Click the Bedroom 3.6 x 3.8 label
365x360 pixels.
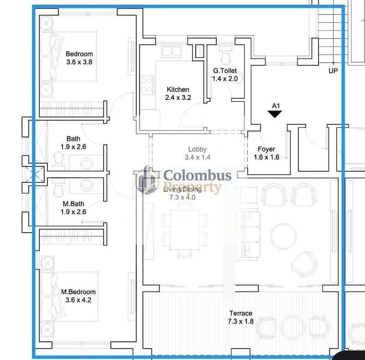coord(79,58)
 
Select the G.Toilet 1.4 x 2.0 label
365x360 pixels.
coord(225,74)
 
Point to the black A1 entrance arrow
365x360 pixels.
coord(275,114)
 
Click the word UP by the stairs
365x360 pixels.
coord(333,71)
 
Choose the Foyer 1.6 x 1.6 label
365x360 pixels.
coord(266,153)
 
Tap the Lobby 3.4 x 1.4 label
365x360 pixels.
coord(198,153)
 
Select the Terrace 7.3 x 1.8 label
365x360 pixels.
coord(241,318)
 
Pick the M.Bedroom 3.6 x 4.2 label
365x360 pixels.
coord(78,296)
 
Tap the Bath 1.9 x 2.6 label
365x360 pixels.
coord(73,143)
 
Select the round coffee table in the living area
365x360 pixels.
coord(283,236)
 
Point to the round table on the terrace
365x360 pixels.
coord(292,328)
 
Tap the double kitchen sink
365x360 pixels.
coord(172,52)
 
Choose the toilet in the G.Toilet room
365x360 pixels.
coord(225,55)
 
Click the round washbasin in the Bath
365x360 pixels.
coord(87,163)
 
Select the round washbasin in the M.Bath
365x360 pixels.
coord(87,185)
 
